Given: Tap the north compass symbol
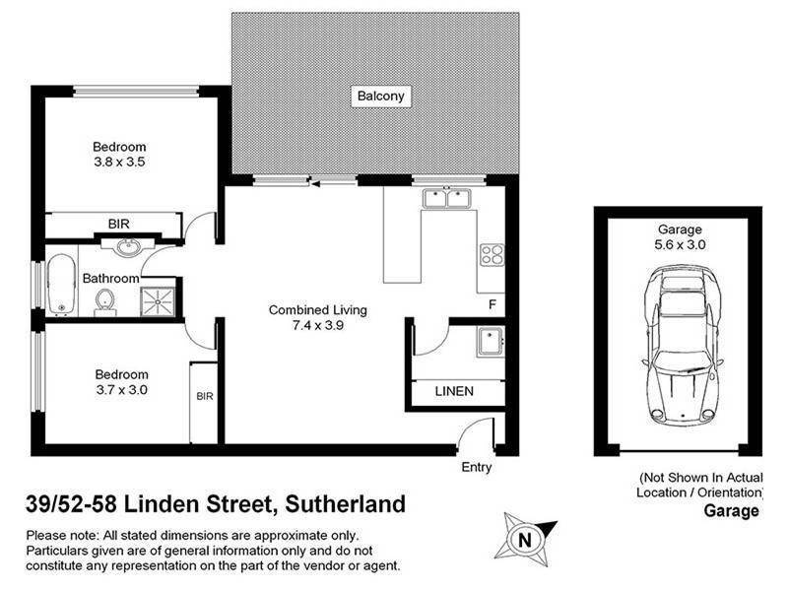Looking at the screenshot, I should (525, 539).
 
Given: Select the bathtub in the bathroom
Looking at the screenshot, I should (61, 286).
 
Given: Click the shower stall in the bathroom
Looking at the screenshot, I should (161, 298).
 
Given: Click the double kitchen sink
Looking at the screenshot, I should (447, 199).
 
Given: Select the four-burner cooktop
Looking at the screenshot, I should (491, 255).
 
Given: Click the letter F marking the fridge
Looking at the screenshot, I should (492, 304).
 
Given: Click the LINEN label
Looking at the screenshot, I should (454, 391).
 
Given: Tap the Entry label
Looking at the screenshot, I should (477, 467).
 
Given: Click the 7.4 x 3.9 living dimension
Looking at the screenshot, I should (317, 325).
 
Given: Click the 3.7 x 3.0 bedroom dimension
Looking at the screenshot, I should (121, 389).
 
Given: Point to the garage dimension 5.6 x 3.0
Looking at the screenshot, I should (679, 244).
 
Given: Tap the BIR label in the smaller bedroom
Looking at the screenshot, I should (205, 396).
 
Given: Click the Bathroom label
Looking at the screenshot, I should (109, 278).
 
